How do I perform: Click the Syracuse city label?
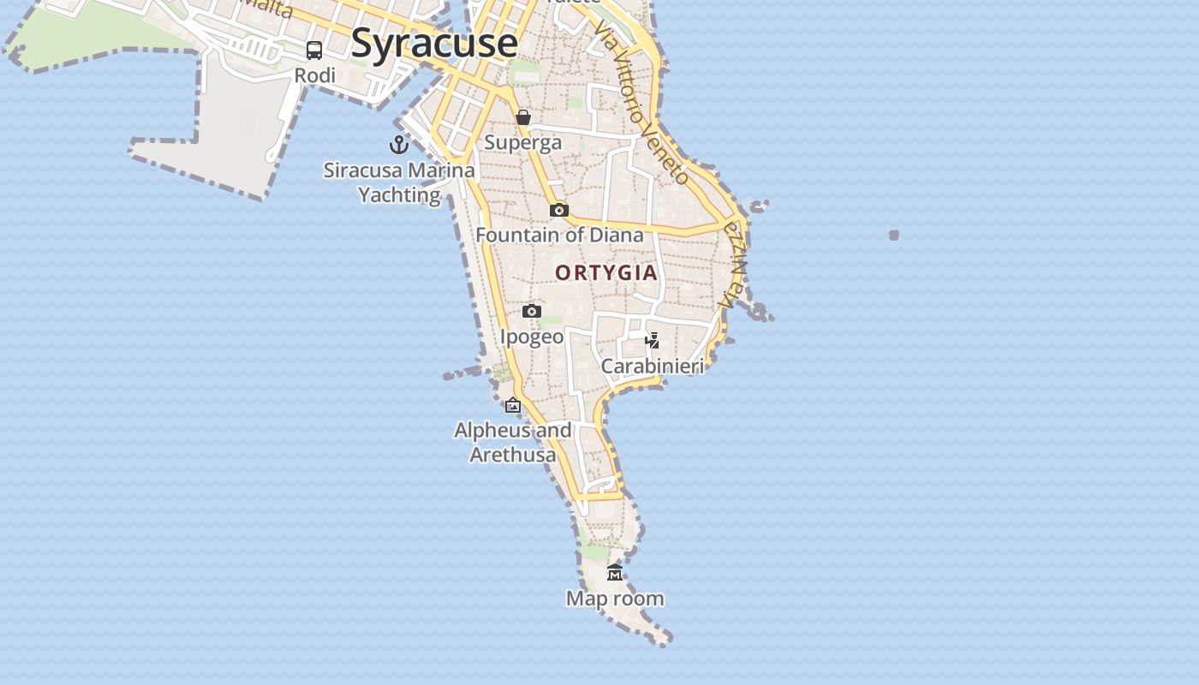[434, 43]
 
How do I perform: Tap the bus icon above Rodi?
[314, 50]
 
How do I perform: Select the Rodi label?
[314, 75]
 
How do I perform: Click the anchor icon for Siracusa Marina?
[398, 144]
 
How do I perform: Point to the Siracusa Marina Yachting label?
[399, 182]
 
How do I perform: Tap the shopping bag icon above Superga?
[523, 117]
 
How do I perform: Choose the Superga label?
[523, 142]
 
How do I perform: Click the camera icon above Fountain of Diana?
[559, 210]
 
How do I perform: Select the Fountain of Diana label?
[559, 235]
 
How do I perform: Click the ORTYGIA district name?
[606, 273]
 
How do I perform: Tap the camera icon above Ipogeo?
[532, 311]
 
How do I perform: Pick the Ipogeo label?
[532, 337]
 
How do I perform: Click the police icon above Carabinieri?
[653, 341]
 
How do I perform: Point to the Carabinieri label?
[653, 366]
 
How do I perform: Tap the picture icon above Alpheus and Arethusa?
[513, 405]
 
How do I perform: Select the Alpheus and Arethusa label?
[513, 442]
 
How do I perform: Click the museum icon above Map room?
[615, 572]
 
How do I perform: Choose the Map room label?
[615, 599]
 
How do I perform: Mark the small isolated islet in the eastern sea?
[894, 235]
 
